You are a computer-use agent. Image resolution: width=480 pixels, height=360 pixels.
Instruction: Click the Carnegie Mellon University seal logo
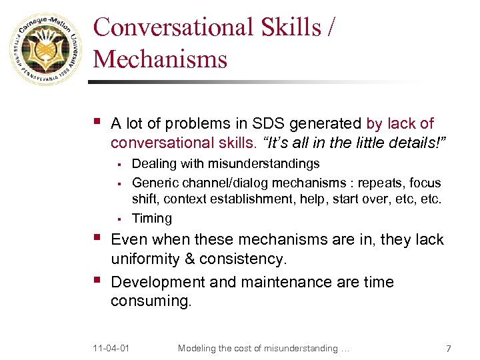[44, 51]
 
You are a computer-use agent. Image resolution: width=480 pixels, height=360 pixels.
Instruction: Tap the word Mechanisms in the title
[160, 59]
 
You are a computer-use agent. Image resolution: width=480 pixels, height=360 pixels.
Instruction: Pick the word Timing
[152, 219]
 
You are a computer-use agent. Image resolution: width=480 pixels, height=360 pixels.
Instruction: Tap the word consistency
[245, 259]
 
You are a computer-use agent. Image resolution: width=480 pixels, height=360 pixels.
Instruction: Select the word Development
[157, 283]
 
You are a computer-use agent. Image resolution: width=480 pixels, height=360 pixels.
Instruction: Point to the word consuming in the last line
[151, 301]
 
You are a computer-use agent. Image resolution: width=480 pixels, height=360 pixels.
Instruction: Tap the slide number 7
[449, 348]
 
